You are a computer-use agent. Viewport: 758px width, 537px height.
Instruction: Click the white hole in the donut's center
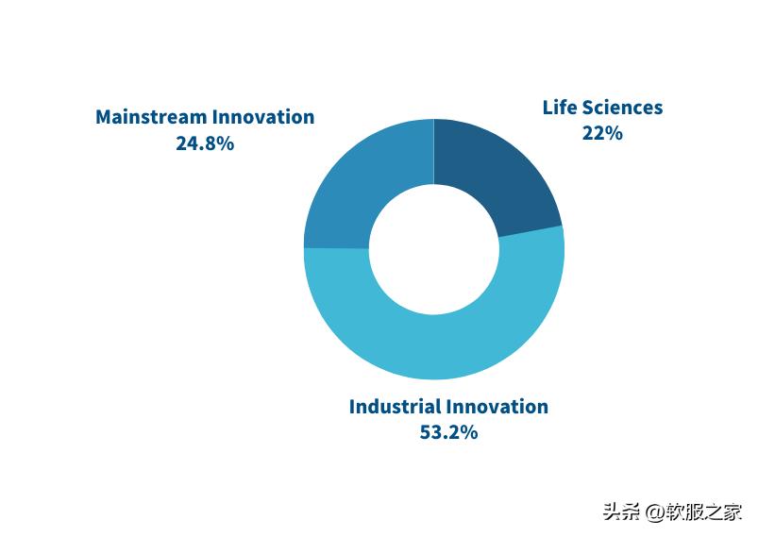434,249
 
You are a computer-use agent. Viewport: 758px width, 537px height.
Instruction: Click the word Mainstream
151,117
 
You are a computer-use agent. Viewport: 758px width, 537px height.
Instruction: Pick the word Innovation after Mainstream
263,117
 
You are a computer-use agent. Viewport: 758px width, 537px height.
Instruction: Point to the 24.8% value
205,143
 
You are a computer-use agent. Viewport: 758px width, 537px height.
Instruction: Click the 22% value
602,133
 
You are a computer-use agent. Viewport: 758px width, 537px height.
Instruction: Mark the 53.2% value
448,432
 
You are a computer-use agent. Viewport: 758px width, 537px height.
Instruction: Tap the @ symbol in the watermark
654,512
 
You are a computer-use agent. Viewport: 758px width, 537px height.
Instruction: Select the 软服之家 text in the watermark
703,512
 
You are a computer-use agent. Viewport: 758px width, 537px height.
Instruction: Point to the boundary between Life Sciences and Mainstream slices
434,151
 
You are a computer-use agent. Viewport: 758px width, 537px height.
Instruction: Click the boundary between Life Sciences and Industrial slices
531,231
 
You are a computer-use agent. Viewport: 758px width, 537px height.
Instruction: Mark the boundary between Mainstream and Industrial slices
336,248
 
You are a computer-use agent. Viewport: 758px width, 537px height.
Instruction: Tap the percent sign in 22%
614,133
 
